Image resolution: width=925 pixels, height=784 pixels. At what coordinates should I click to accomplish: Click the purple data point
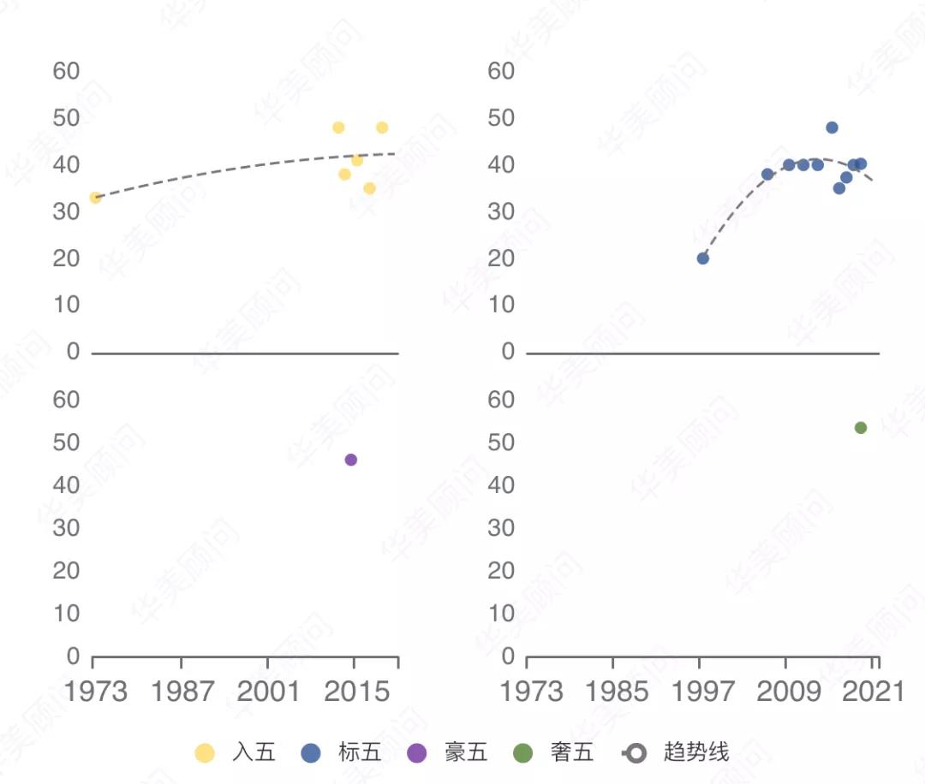pyautogui.click(x=350, y=460)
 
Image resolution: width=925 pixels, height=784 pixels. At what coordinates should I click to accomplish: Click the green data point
pyautogui.click(x=861, y=427)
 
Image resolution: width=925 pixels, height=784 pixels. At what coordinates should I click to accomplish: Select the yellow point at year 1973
pyautogui.click(x=95, y=198)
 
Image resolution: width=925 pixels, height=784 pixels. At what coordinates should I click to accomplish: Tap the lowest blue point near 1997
pyautogui.click(x=702, y=258)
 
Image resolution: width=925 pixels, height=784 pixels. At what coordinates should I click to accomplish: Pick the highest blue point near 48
pyautogui.click(x=832, y=128)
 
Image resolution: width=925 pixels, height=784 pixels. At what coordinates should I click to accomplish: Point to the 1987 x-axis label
pyautogui.click(x=182, y=691)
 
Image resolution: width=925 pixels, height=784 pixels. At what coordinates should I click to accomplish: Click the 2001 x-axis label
pyautogui.click(x=268, y=691)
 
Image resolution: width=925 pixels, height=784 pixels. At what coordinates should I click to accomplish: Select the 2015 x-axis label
pyautogui.click(x=354, y=691)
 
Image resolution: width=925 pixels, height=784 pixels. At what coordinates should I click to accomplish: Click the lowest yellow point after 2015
pyautogui.click(x=369, y=188)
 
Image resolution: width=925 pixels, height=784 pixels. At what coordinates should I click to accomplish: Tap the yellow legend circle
pyautogui.click(x=205, y=753)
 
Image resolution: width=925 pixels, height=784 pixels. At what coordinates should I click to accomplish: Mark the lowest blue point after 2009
pyautogui.click(x=839, y=188)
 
